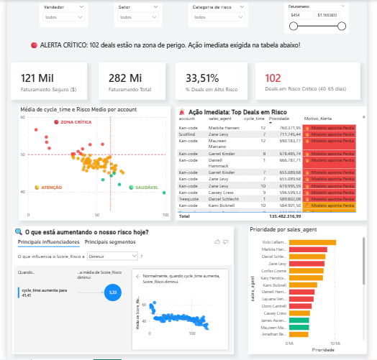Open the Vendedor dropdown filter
click(78, 16)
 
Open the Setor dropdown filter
click(136, 16)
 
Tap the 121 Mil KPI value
click(37, 78)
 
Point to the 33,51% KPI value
click(202, 78)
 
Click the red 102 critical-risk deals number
click(273, 78)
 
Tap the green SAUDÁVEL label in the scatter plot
click(147, 187)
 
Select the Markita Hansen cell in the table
click(222, 127)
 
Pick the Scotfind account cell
click(188, 134)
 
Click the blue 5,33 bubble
click(112, 292)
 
